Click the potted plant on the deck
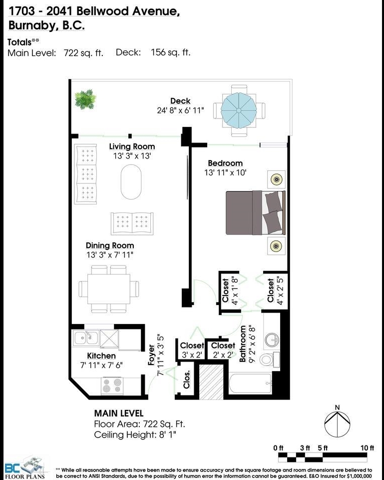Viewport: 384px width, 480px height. [x=85, y=99]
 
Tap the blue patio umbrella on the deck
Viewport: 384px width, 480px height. [x=239, y=110]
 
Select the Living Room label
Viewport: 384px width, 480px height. [x=132, y=146]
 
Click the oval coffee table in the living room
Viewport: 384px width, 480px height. [x=131, y=182]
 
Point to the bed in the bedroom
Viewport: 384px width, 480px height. [x=256, y=213]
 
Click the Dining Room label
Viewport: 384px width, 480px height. [x=110, y=245]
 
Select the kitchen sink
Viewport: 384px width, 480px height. [x=86, y=338]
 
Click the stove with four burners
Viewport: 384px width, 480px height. [x=111, y=385]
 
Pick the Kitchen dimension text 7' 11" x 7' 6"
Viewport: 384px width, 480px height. [x=101, y=365]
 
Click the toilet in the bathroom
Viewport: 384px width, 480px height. [x=269, y=358]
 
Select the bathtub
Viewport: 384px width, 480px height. [x=250, y=383]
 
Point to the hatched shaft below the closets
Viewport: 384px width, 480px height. [x=211, y=381]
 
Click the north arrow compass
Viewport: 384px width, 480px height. [x=337, y=423]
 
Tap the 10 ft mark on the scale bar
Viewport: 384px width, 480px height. [x=367, y=448]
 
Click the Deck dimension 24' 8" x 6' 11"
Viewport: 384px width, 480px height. [x=180, y=110]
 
